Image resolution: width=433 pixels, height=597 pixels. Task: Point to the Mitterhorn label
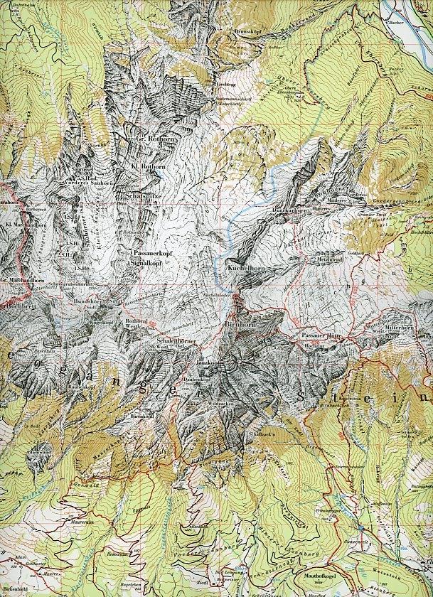[399, 328]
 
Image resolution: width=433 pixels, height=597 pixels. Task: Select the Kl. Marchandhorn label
[19, 225]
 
